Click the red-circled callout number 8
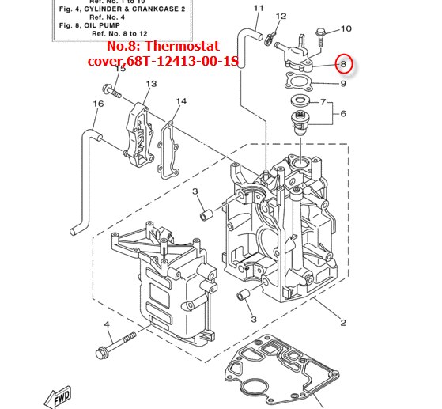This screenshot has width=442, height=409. pyautogui.click(x=343, y=63)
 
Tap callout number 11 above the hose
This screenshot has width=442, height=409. pyautogui.click(x=258, y=8)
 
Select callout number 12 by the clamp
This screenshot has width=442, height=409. pyautogui.click(x=281, y=16)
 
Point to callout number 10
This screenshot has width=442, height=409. pyautogui.click(x=346, y=28)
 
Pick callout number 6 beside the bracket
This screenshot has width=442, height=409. pyautogui.click(x=344, y=114)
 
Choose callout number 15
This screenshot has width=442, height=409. pyautogui.click(x=120, y=70)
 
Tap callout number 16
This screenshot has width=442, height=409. pyautogui.click(x=98, y=104)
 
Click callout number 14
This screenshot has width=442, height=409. pyautogui.click(x=181, y=101)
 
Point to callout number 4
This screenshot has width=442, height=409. pyautogui.click(x=107, y=325)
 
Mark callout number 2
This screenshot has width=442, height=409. pyautogui.click(x=343, y=322)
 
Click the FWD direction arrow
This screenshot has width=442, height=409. pyautogui.click(x=62, y=395)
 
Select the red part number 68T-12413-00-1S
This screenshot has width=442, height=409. pyautogui.click(x=177, y=61)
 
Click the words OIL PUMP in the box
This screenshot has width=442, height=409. pyautogui.click(x=119, y=24)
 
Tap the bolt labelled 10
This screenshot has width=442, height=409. pyautogui.click(x=321, y=35)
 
